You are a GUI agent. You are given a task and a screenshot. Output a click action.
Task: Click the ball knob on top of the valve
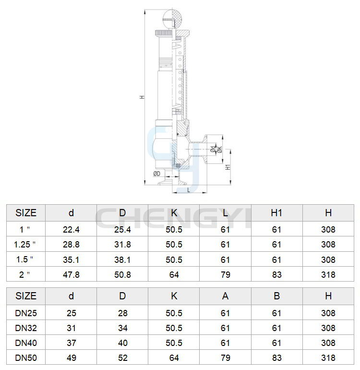click(x=173, y=18)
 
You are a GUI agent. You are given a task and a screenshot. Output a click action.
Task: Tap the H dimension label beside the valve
click(x=142, y=97)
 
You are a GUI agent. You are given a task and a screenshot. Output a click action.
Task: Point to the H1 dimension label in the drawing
click(x=228, y=167)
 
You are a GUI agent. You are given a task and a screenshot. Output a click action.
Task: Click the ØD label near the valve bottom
click(x=157, y=174)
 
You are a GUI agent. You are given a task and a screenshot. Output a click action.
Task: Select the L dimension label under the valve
click(x=189, y=190)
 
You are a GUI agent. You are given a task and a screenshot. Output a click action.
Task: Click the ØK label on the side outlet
click(x=219, y=149)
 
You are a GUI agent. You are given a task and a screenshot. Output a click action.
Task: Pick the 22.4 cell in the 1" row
click(x=71, y=229)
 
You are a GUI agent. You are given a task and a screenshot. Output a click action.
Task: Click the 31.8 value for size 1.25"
click(x=122, y=245)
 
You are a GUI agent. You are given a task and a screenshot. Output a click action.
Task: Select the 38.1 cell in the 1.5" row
click(x=122, y=259)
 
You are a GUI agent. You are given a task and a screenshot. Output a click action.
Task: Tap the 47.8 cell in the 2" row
click(x=71, y=275)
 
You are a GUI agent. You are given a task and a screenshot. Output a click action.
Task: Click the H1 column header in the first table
click(x=276, y=213)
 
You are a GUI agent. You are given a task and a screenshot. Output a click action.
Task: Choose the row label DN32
click(x=26, y=328)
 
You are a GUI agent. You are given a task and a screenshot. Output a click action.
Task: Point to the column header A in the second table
click(x=226, y=296)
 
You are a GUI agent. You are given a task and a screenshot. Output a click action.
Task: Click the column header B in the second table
click(x=277, y=296)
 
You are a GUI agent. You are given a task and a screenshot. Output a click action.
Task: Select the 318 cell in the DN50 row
click(x=328, y=358)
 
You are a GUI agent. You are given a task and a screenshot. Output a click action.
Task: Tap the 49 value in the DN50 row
click(x=71, y=358)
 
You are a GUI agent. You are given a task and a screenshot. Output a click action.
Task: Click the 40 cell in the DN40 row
click(x=122, y=343)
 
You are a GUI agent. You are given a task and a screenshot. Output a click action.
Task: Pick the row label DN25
click(x=26, y=313)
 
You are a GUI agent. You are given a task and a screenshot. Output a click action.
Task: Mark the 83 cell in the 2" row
click(x=277, y=275)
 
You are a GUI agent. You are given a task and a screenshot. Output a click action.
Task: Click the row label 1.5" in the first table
click(x=25, y=259)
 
